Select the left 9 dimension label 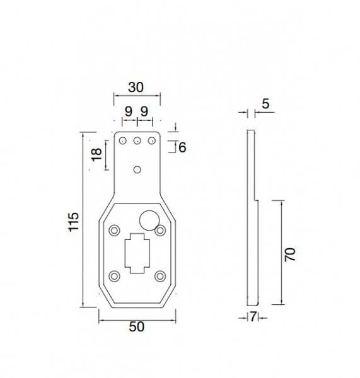[129, 111]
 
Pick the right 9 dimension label [144, 111]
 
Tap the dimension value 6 [182, 147]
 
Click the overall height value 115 [73, 221]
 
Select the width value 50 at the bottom [137, 326]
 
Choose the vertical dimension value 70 [289, 255]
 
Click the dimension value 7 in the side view [253, 317]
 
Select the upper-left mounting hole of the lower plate [114, 230]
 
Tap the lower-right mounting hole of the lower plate [160, 276]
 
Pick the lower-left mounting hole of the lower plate [114, 276]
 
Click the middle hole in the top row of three [137, 141]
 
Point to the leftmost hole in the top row [123, 141]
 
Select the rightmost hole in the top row [151, 141]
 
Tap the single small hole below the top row [137, 169]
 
